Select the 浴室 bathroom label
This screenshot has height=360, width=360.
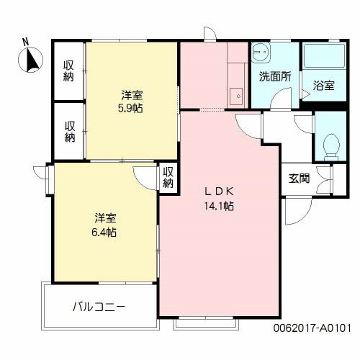323,86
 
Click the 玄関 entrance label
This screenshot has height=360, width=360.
299,178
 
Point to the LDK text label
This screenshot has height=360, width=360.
217,192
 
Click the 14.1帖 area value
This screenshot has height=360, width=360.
217,207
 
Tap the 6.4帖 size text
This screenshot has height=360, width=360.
105,232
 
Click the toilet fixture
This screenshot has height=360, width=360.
331,146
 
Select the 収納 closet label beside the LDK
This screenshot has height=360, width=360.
168,177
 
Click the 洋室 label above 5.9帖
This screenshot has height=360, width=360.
130,96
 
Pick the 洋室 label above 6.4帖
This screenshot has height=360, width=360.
105,217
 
